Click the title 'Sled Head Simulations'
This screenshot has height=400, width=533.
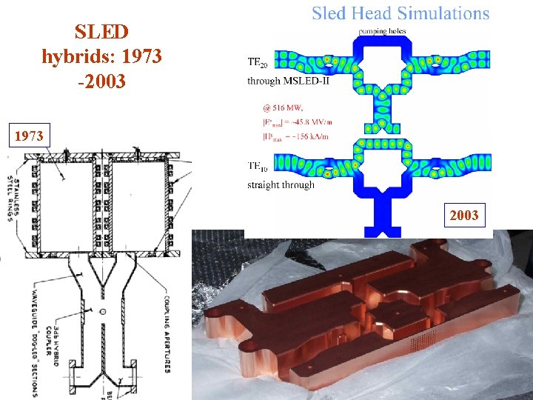point(400,13)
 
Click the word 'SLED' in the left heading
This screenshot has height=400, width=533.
point(102,32)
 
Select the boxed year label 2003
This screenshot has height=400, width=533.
point(464,216)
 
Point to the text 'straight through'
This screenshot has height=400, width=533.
point(281,184)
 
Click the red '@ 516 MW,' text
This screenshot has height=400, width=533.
point(283,107)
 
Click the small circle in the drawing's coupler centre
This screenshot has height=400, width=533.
point(103,310)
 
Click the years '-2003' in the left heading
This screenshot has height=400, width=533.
point(102,79)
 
